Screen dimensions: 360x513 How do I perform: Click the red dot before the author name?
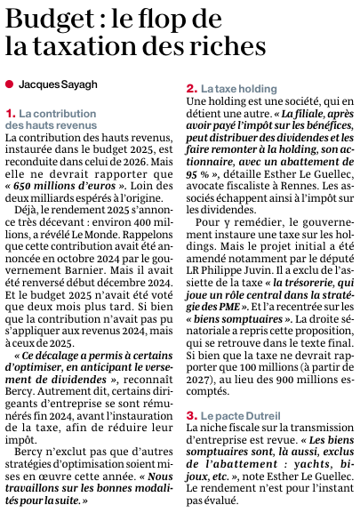click(x=9, y=84)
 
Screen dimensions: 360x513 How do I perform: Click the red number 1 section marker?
click(x=10, y=114)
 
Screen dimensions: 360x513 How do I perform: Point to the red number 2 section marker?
click(x=190, y=90)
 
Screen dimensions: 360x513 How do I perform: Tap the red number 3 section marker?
click(x=190, y=415)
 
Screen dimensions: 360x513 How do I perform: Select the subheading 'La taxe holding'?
click(x=234, y=90)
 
